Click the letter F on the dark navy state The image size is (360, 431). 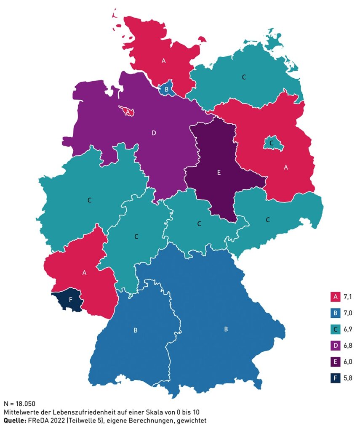coord(70,300)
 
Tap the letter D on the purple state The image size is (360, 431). coord(154,133)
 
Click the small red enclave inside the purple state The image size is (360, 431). coord(127,112)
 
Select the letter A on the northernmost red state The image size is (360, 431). coord(163,61)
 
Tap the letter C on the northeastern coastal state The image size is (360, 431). coord(244,77)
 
